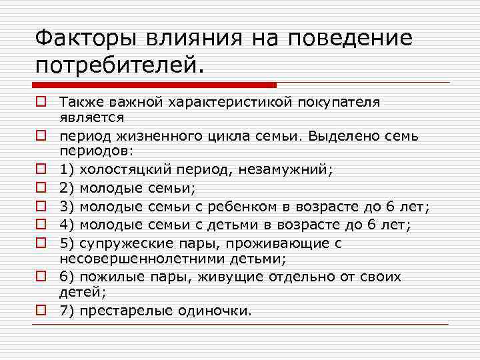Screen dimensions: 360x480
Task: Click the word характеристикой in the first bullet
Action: [210, 103]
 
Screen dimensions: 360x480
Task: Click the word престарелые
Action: [124, 311]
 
